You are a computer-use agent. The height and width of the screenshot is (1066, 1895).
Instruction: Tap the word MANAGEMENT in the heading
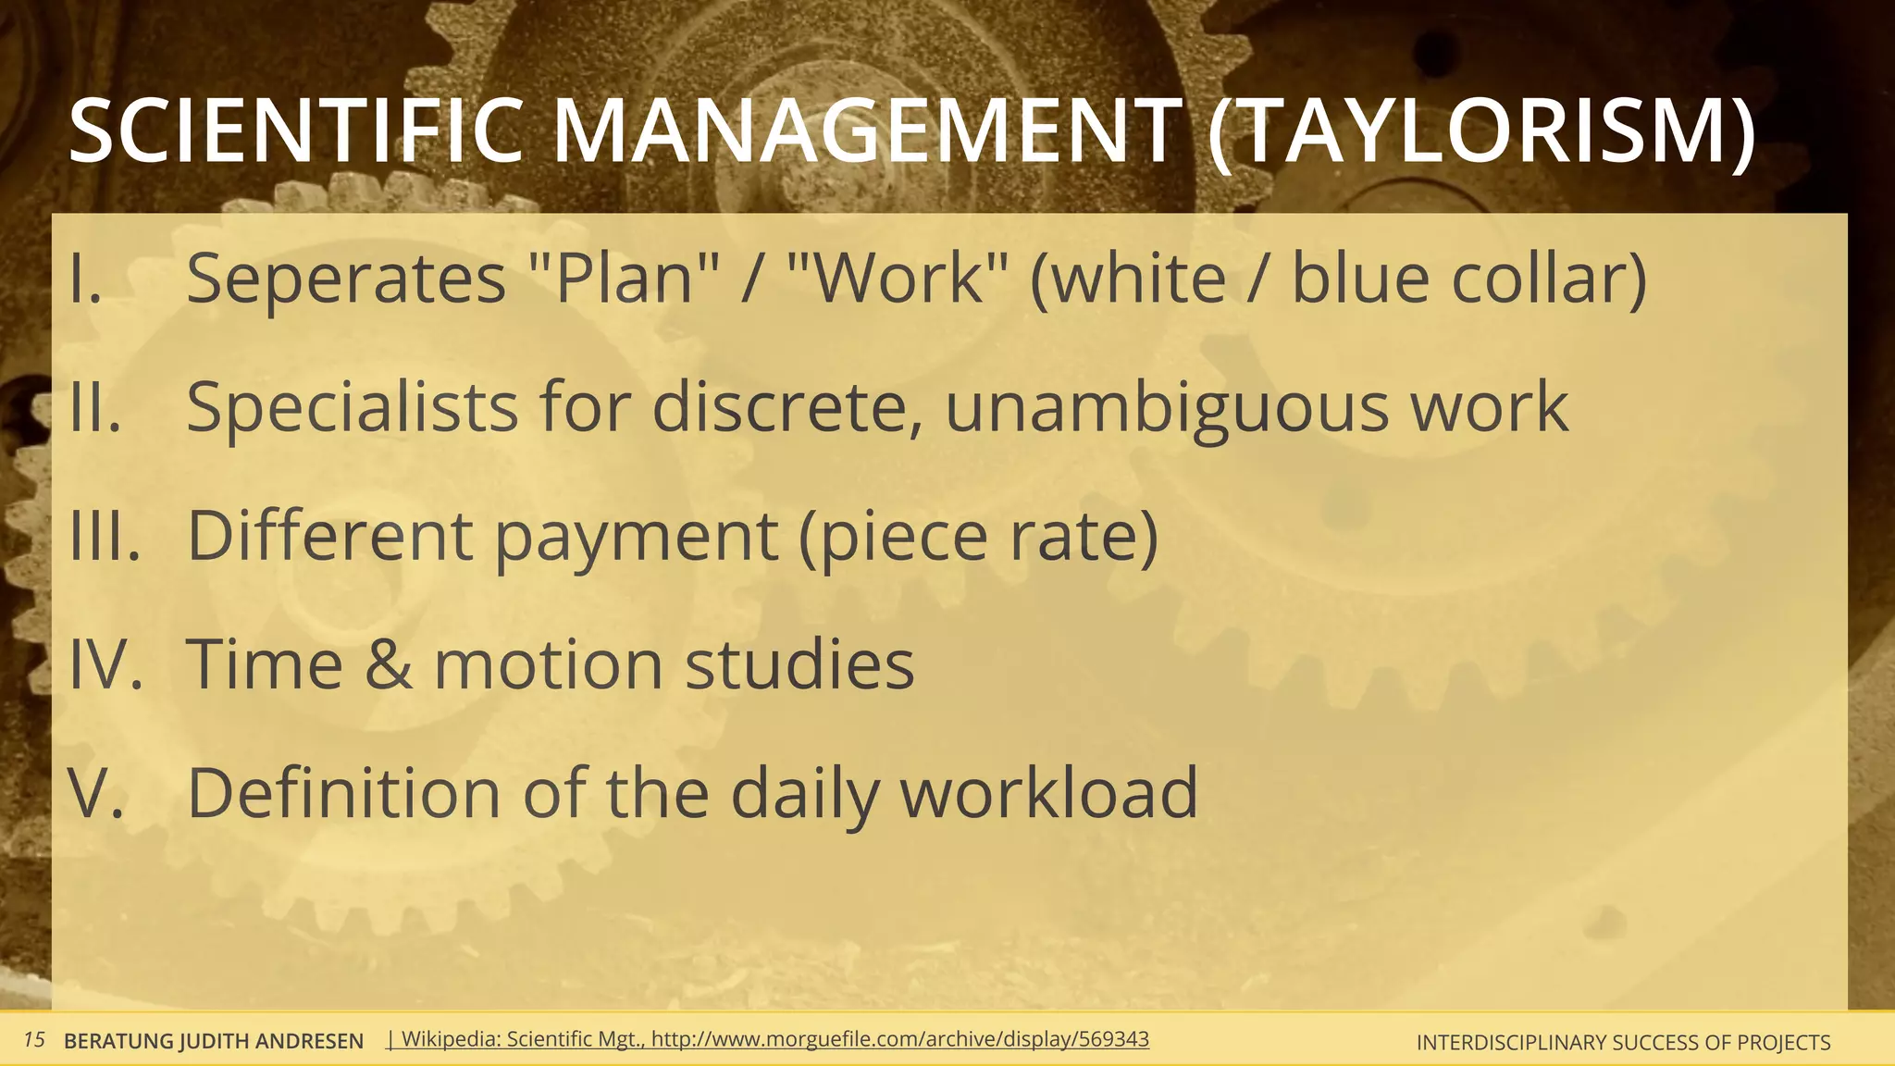[866, 131]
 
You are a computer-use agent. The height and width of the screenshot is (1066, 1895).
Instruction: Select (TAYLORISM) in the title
[1480, 131]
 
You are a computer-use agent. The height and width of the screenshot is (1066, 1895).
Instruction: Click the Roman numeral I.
[85, 278]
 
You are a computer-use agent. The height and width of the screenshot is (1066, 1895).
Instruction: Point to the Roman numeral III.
[105, 535]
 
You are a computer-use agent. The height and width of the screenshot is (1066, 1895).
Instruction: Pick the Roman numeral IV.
[105, 663]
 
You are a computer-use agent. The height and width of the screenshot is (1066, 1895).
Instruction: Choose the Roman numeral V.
[95, 792]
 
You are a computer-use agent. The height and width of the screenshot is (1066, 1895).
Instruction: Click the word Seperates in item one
[346, 278]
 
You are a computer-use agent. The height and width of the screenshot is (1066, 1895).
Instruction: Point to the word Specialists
[352, 407]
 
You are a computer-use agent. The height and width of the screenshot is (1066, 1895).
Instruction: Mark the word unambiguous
[1166, 407]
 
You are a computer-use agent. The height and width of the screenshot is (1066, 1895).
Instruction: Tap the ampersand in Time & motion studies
[388, 663]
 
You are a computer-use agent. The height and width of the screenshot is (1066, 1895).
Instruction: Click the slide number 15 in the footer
[34, 1040]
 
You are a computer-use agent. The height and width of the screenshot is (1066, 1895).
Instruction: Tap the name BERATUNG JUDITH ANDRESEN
[213, 1041]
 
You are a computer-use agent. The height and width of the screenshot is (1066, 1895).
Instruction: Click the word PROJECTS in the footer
[1782, 1042]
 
